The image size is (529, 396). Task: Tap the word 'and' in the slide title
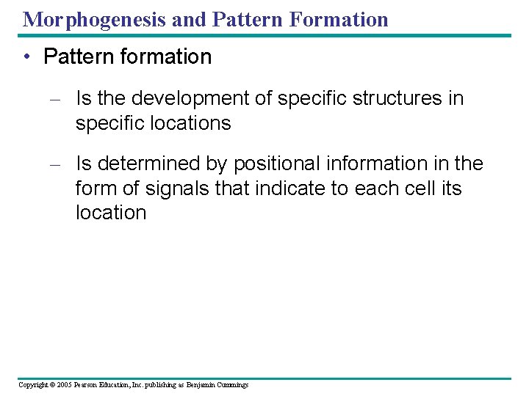pyautogui.click(x=189, y=19)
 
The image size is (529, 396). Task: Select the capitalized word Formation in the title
pyautogui.click(x=341, y=19)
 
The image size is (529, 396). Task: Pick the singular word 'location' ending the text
pyautogui.click(x=111, y=213)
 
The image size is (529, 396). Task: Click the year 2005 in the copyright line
pyautogui.click(x=64, y=385)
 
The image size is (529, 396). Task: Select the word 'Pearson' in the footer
pyautogui.click(x=90, y=385)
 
